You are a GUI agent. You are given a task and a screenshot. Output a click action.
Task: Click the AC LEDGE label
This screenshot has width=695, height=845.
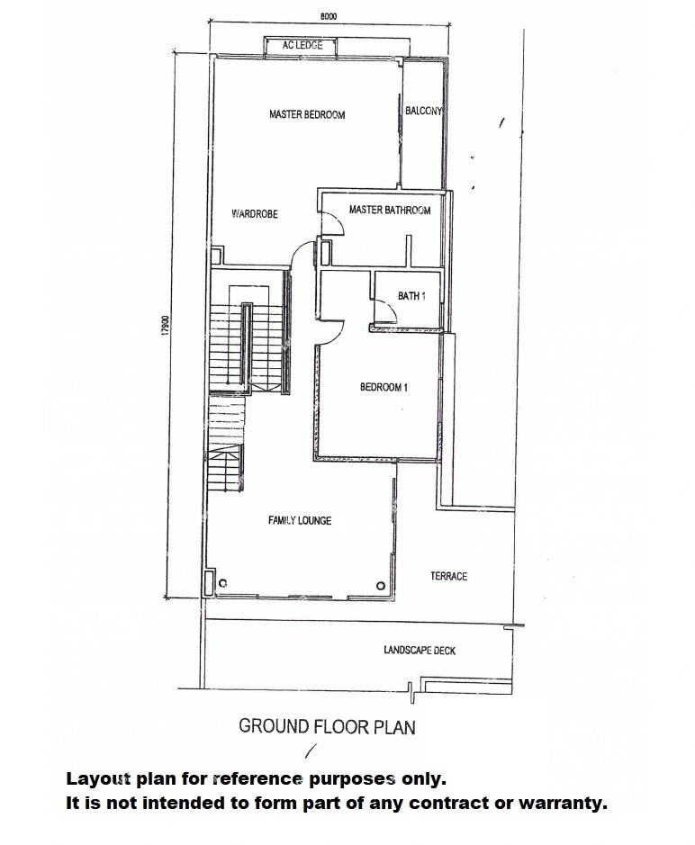(302, 45)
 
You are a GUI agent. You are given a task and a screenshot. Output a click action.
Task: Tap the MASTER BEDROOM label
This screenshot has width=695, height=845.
(307, 114)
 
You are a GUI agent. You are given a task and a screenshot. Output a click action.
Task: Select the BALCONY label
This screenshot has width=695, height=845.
(423, 111)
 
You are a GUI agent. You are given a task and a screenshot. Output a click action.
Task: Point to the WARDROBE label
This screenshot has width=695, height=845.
(255, 214)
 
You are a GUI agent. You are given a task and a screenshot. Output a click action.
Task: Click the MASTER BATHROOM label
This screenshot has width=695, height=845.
(389, 210)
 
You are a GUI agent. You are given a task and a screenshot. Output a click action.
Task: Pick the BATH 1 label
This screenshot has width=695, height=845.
(411, 296)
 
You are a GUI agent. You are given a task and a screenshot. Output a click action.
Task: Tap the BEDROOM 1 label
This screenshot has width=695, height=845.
(384, 387)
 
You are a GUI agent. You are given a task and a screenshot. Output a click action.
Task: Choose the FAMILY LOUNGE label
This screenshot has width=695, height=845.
(299, 520)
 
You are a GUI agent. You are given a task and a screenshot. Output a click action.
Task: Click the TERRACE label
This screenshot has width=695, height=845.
(448, 576)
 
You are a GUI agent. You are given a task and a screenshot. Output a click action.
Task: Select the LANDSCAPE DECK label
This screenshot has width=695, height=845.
(419, 651)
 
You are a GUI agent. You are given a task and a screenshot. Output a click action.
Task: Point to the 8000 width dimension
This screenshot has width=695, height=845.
(328, 16)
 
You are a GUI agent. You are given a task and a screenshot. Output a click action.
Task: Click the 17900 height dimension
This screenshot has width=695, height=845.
(166, 326)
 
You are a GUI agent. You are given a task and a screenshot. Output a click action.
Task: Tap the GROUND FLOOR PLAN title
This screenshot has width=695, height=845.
(327, 726)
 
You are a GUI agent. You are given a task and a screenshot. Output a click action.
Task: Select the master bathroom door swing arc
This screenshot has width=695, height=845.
(339, 222)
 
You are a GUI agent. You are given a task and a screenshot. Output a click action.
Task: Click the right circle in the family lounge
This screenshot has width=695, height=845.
(381, 586)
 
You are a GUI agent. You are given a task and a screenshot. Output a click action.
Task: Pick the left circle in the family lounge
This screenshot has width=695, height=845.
(222, 583)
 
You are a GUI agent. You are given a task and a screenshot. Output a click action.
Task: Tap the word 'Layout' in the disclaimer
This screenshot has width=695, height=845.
(98, 779)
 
